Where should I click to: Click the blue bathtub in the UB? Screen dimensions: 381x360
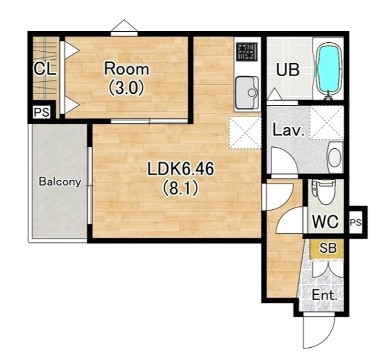pos(328,69)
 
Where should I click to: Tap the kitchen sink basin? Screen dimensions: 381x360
pos(247,92)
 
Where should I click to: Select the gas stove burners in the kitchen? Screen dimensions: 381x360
pos(247,52)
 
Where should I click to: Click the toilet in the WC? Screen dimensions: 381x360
pos(325,193)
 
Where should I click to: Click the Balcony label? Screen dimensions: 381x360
pos(60,182)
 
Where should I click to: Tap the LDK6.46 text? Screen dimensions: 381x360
pos(180,170)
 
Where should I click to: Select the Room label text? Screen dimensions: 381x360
pos(127,69)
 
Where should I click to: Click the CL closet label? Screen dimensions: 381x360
pos(45,70)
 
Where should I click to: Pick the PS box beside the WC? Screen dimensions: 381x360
pos(356,223)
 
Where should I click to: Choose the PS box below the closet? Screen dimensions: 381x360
pos(42,112)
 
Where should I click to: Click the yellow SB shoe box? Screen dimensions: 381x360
pos(328,249)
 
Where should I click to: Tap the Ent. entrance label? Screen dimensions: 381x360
pos(324,295)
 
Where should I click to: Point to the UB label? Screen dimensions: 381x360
pos(288,70)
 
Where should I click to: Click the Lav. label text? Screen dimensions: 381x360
pos(289,130)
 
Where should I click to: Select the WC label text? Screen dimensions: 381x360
pos(325,221)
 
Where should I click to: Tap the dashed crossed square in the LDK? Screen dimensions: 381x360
pos(245,132)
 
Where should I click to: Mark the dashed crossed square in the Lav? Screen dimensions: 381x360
pos(326,123)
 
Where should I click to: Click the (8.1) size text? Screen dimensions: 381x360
pos(180,189)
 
